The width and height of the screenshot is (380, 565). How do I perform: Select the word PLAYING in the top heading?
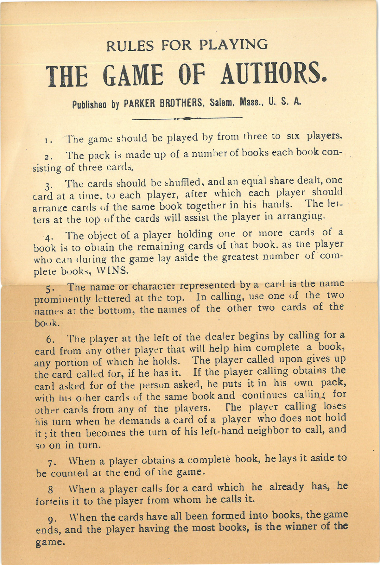pos(233,45)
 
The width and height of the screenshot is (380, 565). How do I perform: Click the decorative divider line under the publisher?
pos(187,119)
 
